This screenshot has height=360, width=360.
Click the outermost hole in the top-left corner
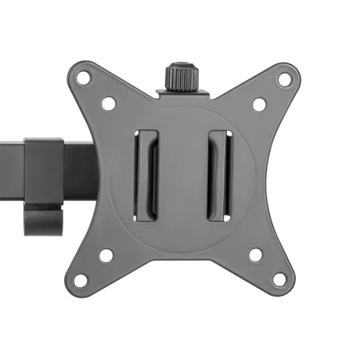(x=84, y=77)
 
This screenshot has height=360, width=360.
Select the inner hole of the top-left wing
(x=108, y=104)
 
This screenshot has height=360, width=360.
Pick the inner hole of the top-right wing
(x=258, y=104)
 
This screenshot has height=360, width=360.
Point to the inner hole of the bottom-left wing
(x=107, y=254)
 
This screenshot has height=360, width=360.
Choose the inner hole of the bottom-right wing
(x=256, y=254)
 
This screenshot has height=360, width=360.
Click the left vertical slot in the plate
(x=148, y=176)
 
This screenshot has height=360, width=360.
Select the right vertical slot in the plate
(x=218, y=176)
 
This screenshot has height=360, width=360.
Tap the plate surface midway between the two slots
(x=183, y=176)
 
